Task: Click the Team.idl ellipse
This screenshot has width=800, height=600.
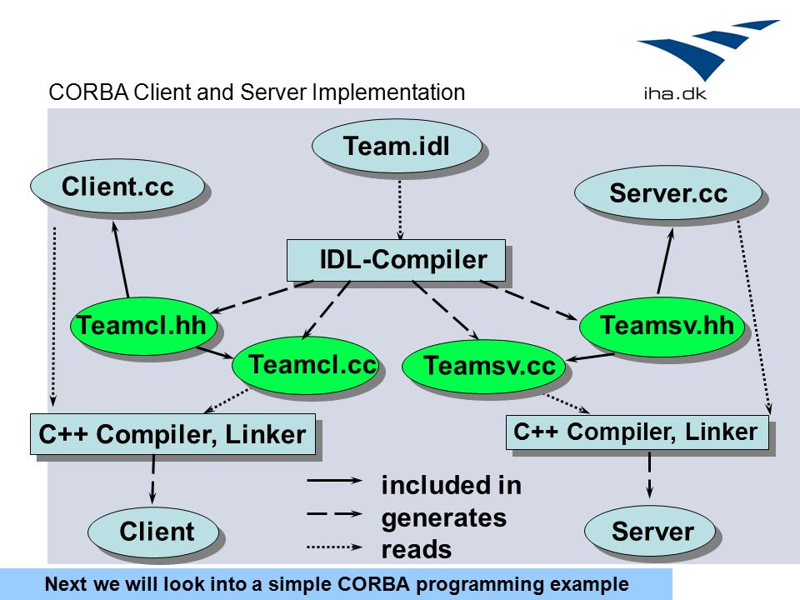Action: (397, 146)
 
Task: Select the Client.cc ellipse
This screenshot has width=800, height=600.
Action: (117, 186)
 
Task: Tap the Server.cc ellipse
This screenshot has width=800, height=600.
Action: (668, 192)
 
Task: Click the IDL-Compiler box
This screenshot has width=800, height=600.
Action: (396, 260)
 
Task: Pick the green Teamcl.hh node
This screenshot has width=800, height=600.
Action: (143, 326)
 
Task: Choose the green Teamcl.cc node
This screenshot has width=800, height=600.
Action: (306, 365)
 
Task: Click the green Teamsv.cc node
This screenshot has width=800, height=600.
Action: (483, 366)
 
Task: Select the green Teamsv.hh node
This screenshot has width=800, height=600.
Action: (662, 326)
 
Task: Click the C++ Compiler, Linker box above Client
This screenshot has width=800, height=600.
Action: (173, 434)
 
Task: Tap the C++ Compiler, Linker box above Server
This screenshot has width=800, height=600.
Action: (637, 432)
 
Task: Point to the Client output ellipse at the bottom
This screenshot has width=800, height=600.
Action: (153, 532)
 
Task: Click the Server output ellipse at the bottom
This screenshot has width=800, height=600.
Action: (650, 531)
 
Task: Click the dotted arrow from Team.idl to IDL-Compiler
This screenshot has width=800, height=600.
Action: (400, 210)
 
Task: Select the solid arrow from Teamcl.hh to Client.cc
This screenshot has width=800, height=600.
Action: (121, 259)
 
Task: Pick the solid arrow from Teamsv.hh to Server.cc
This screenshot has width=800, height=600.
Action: (665, 261)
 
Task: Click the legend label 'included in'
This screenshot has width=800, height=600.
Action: (452, 485)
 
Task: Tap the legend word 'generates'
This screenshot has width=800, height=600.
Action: (444, 518)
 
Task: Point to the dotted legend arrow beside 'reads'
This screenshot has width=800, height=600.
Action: (335, 547)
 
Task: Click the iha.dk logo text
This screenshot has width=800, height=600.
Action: (675, 93)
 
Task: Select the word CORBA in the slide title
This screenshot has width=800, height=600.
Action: (88, 92)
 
